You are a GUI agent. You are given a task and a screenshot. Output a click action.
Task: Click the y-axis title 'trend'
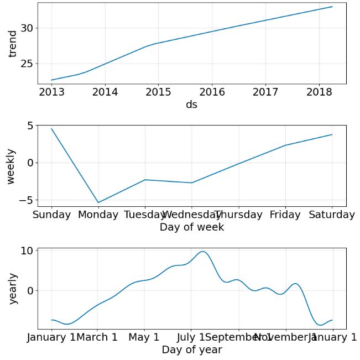click(x=13, y=44)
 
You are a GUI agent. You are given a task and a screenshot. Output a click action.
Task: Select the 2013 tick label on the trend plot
click(x=51, y=92)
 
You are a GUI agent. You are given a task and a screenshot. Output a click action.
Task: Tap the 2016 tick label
click(x=212, y=92)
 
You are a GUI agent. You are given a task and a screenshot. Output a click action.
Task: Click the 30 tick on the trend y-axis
click(x=27, y=28)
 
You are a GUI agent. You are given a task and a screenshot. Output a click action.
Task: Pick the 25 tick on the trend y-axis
click(x=27, y=64)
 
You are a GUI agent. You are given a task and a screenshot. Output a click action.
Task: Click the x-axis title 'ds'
click(x=191, y=105)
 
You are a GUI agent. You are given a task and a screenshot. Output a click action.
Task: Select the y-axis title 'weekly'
click(x=11, y=166)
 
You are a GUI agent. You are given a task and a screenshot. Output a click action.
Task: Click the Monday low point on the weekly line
click(x=98, y=202)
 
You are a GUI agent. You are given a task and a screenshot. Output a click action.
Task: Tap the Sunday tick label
click(x=51, y=215)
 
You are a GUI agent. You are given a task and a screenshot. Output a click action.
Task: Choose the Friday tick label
click(x=285, y=215)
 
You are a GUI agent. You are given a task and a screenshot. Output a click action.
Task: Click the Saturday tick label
click(x=332, y=215)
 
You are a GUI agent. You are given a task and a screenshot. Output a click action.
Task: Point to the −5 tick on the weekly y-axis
click(x=24, y=200)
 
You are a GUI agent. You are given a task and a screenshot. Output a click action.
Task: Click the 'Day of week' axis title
click(x=191, y=227)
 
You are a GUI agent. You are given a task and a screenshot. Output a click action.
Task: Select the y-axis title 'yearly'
click(x=13, y=289)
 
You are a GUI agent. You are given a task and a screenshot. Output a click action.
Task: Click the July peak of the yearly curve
click(x=203, y=252)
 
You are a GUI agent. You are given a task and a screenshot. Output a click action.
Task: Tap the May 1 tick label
click(x=144, y=337)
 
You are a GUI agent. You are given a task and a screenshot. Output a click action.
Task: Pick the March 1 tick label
click(x=97, y=337)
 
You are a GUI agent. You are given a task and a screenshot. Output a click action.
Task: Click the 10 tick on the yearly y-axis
click(x=27, y=251)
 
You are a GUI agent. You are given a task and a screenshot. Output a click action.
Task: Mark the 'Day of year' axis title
click(x=191, y=349)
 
